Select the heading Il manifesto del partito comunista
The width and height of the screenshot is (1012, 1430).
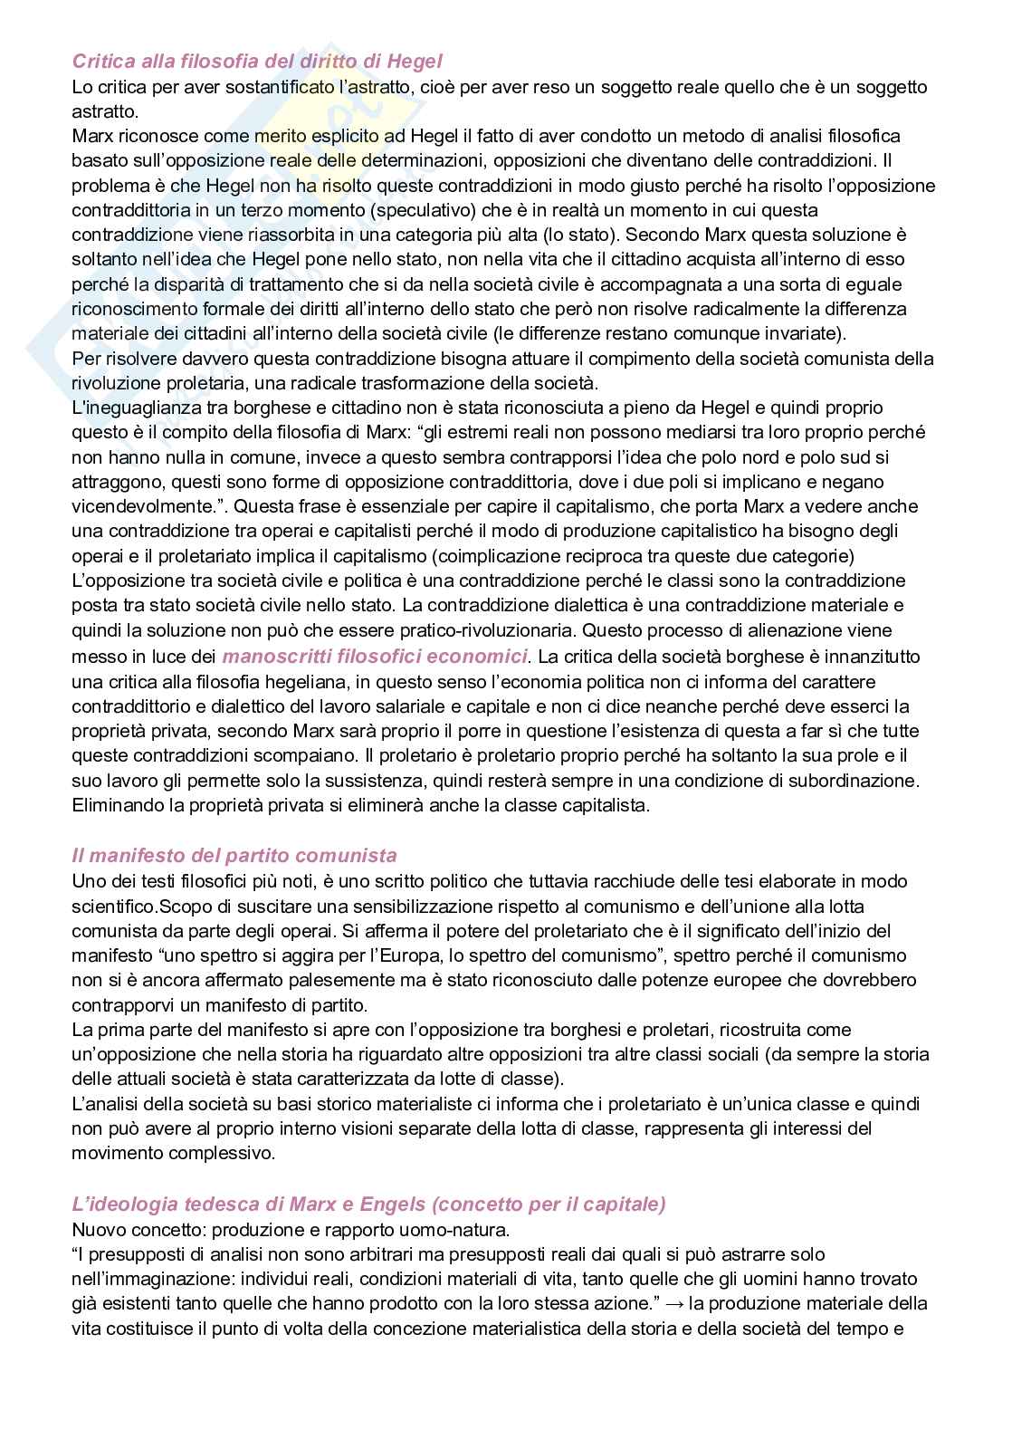(x=234, y=855)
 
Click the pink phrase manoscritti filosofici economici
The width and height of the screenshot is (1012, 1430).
(x=374, y=655)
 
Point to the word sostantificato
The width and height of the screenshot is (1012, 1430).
(x=288, y=87)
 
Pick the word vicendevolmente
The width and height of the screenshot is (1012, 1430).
(x=133, y=506)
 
